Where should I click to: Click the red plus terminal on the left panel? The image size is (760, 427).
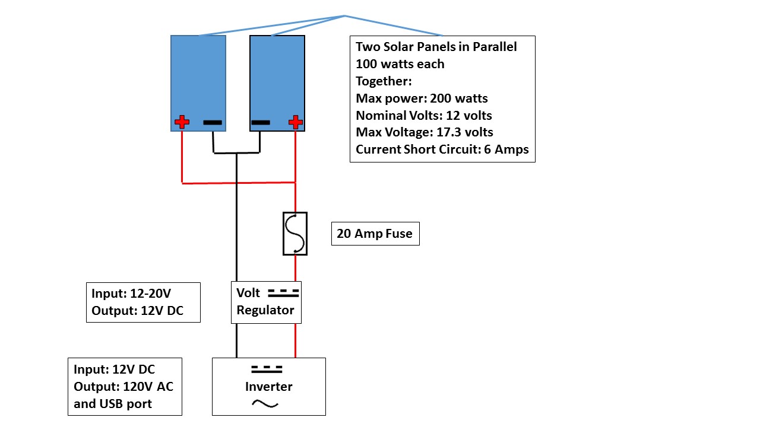(x=182, y=123)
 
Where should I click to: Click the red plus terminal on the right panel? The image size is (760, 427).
(x=295, y=123)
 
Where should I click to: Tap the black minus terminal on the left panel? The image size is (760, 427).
(x=213, y=123)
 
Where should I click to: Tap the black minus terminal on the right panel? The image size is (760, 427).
(x=261, y=123)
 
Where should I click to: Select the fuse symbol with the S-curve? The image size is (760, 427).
(x=295, y=234)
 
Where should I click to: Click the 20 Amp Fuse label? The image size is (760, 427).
(x=375, y=234)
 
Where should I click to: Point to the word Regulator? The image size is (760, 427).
(x=265, y=310)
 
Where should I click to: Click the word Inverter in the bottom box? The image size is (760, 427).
(x=269, y=387)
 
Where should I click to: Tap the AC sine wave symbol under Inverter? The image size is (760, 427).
(x=265, y=403)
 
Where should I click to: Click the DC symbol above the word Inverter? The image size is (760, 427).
(x=265, y=369)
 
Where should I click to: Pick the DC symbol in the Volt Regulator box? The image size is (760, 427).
(x=283, y=293)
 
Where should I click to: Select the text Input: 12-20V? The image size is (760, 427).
(x=126, y=294)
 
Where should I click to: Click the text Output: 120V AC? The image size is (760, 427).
(x=123, y=387)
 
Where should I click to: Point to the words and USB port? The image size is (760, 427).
(x=113, y=404)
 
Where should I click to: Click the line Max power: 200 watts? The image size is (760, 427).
(x=422, y=98)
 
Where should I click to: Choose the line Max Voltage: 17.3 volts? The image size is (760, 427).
(x=425, y=132)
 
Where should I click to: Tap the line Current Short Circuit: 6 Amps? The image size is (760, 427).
(x=442, y=149)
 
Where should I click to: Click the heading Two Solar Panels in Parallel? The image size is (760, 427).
(x=436, y=47)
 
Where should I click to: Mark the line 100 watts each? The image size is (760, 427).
(x=400, y=64)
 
